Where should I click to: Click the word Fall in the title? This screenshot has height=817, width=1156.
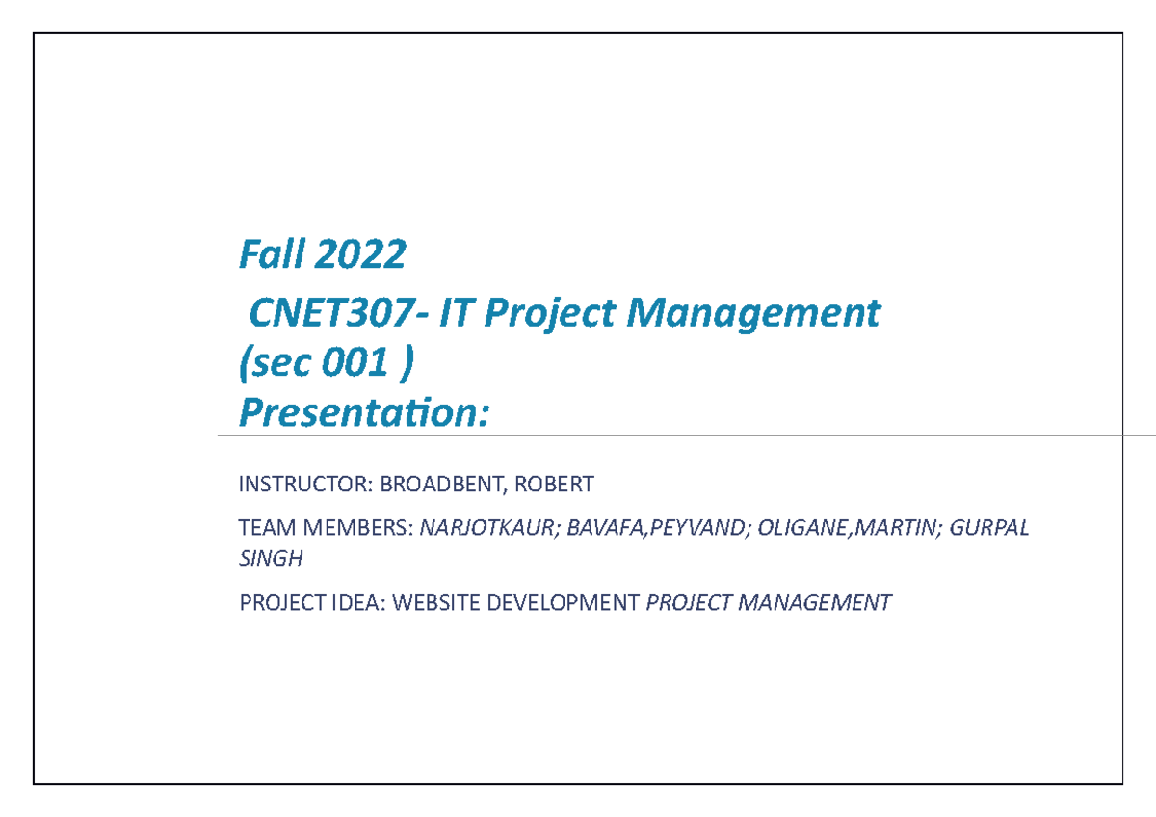pyautogui.click(x=270, y=255)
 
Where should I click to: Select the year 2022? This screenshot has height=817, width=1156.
pyautogui.click(x=359, y=255)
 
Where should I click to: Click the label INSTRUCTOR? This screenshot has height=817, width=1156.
pyautogui.click(x=298, y=483)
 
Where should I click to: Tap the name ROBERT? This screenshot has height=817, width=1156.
pyautogui.click(x=554, y=483)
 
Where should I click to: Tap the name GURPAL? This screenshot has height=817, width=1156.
pyautogui.click(x=989, y=528)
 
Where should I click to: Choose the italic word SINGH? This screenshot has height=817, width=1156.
pyautogui.click(x=271, y=558)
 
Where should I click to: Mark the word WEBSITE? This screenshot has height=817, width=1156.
pyautogui.click(x=436, y=603)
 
